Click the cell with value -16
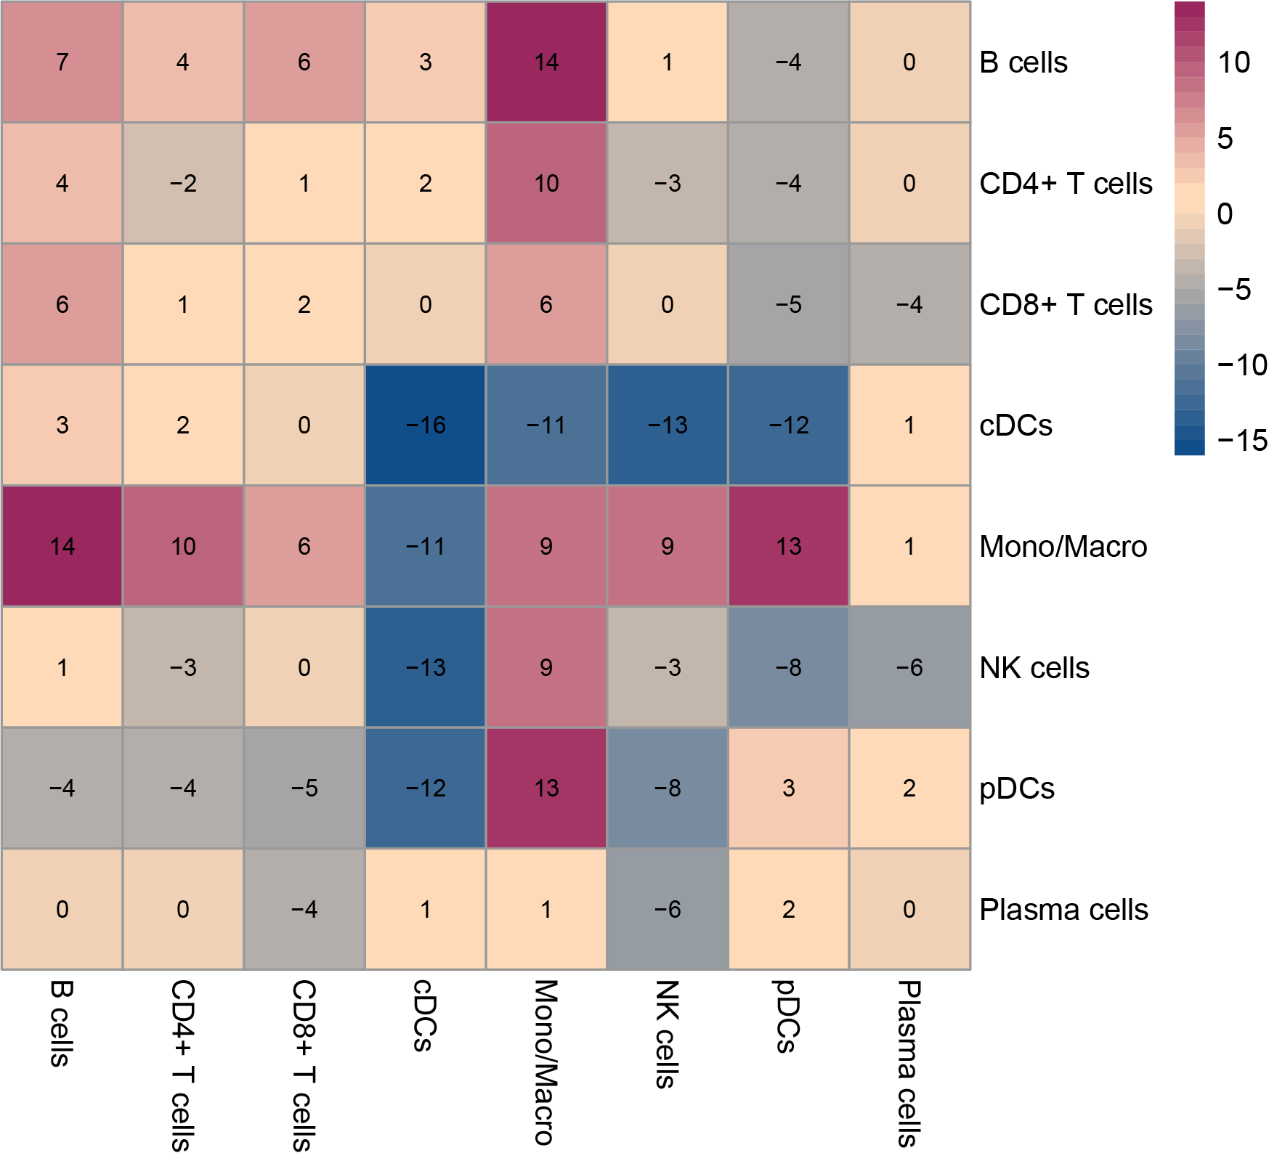[x=425, y=425]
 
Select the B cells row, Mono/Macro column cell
[x=546, y=62]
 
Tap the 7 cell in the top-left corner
[x=62, y=62]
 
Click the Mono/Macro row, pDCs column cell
[x=788, y=546]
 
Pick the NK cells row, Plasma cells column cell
[x=909, y=667]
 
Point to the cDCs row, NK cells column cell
[x=668, y=425]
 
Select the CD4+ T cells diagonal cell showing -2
[x=183, y=183]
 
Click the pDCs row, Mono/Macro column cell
[x=546, y=788]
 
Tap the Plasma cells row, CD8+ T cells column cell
[x=304, y=909]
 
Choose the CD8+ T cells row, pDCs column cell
[x=788, y=304]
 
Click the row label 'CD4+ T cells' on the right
[x=1066, y=184]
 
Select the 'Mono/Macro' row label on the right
[x=1063, y=547]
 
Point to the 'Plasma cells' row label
[x=1063, y=910]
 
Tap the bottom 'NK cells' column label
[x=667, y=1034]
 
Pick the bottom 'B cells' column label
[x=61, y=1023]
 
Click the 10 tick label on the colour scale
[x=1233, y=62]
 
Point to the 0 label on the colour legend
[x=1225, y=214]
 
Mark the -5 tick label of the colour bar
[x=1233, y=290]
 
